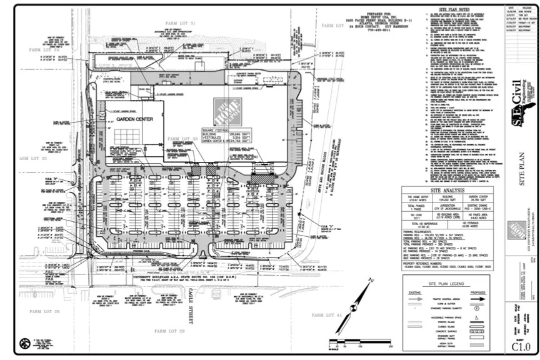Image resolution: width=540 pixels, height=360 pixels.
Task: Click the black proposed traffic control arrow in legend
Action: click(477, 299)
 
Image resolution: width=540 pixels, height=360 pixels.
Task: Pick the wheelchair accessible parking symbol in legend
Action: click(477, 317)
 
